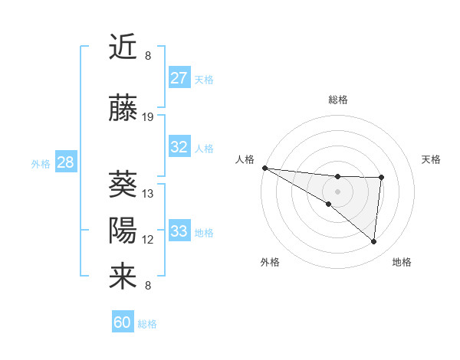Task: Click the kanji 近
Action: [123, 47]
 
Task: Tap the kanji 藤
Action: [123, 109]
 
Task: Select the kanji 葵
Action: [123, 184]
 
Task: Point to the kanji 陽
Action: [123, 230]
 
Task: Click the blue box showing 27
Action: [179, 78]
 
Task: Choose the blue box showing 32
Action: [179, 147]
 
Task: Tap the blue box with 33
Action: [179, 231]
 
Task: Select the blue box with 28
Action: [65, 162]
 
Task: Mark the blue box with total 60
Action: [123, 322]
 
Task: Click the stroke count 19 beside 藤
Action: [148, 117]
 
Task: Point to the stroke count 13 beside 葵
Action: [148, 193]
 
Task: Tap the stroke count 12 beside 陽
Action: [148, 240]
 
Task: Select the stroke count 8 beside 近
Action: [148, 56]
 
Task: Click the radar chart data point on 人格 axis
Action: [264, 167]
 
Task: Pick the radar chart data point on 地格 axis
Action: [373, 242]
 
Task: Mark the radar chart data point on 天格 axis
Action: [381, 178]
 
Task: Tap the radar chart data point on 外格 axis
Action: [328, 204]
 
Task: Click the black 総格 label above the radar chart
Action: [337, 100]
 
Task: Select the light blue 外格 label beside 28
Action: [40, 163]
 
